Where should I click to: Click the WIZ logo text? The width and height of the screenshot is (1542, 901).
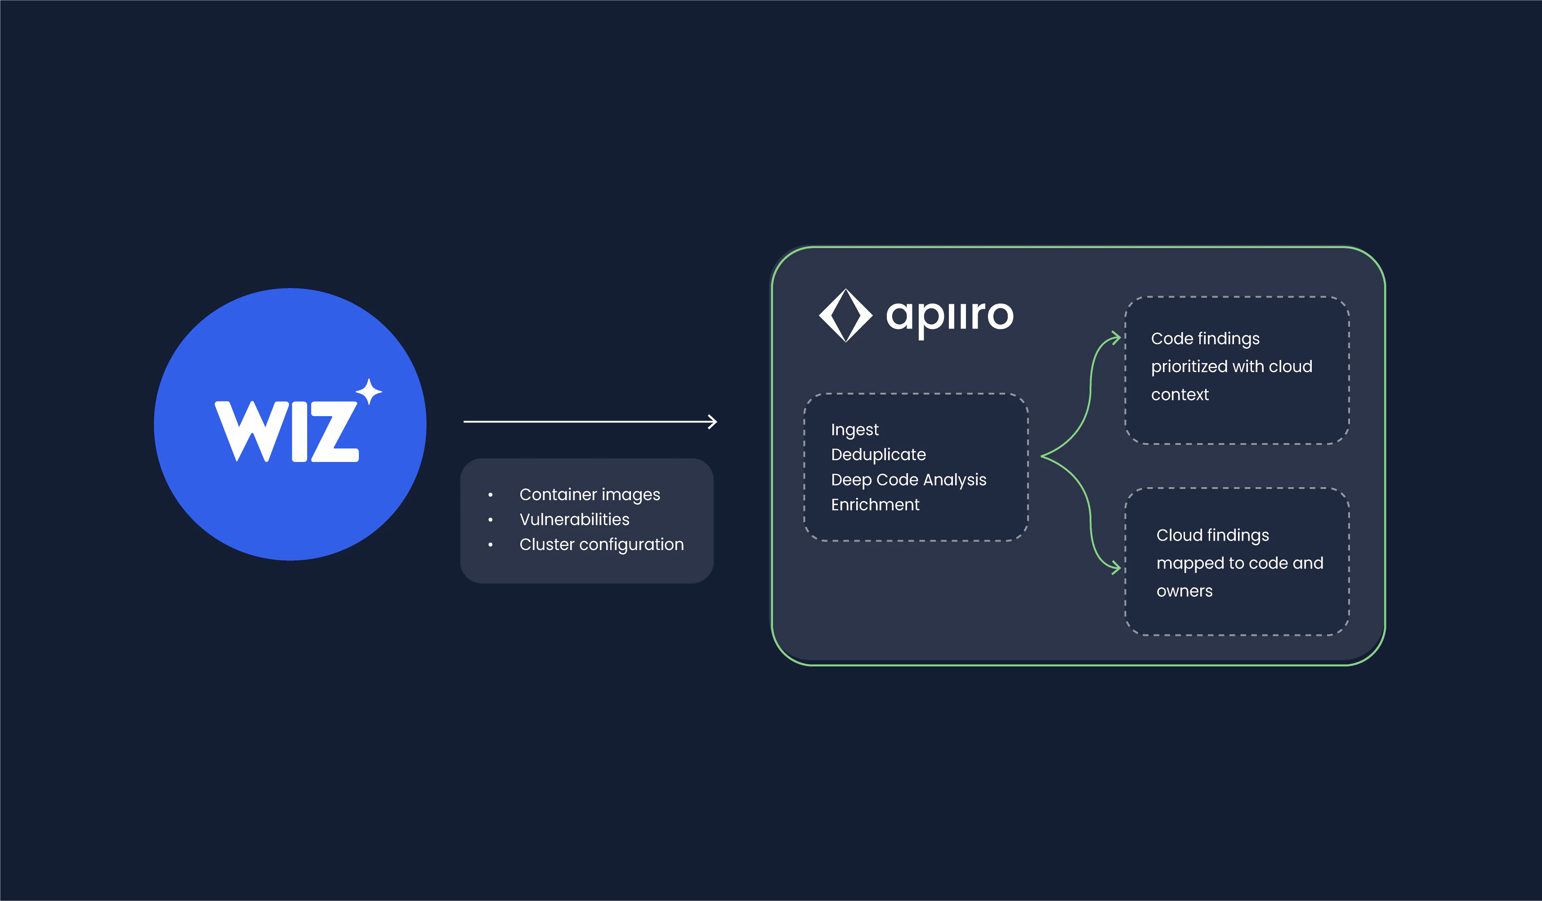[286, 431]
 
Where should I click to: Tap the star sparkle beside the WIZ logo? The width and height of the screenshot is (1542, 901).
[369, 391]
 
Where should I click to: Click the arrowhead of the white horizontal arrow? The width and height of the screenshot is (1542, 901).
[712, 422]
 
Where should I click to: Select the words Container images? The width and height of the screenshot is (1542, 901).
[590, 494]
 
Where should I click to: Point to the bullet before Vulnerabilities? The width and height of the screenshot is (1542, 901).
[490, 520]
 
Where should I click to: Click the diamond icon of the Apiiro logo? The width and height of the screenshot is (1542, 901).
[846, 315]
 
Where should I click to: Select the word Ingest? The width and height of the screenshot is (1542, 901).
[855, 430]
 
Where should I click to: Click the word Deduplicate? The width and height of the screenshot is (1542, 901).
[878, 454]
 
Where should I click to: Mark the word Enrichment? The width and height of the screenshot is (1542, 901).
[875, 505]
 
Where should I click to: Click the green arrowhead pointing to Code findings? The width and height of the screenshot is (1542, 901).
[1116, 338]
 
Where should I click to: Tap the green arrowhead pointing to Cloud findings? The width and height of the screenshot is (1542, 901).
[1116, 568]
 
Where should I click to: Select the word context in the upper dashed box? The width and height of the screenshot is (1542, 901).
[1180, 395]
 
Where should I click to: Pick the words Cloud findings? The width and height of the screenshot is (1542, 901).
[1213, 535]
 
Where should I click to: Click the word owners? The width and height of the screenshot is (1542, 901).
[1184, 591]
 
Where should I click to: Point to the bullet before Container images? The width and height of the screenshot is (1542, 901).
[490, 495]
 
